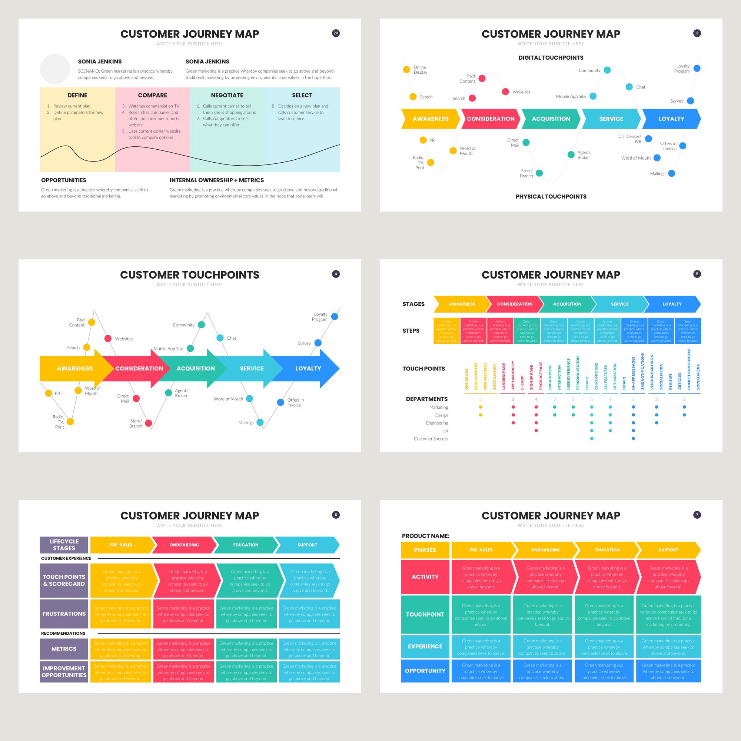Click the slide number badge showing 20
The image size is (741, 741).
(336, 33)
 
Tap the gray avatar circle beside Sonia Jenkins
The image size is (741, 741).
(55, 69)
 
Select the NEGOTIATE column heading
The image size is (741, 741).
(227, 95)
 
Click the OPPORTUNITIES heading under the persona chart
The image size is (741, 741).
(64, 180)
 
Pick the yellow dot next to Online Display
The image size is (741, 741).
(406, 69)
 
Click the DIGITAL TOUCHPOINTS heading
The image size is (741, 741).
(551, 58)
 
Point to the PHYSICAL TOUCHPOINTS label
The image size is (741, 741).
(551, 197)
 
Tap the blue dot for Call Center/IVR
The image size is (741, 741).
(648, 139)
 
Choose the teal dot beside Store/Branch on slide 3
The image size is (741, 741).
(539, 173)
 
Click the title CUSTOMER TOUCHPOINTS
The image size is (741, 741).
(189, 275)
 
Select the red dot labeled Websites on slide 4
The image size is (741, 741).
(108, 338)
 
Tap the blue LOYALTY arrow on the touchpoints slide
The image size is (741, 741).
(308, 369)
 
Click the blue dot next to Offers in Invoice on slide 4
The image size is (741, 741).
(280, 402)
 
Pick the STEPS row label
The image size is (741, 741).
(411, 330)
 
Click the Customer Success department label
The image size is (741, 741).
(431, 439)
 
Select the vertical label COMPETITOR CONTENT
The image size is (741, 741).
(689, 369)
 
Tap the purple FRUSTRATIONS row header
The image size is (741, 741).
(64, 614)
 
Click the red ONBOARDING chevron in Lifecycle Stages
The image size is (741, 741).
(184, 545)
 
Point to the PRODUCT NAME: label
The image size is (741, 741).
(425, 536)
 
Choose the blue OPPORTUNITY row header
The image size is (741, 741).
(425, 671)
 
